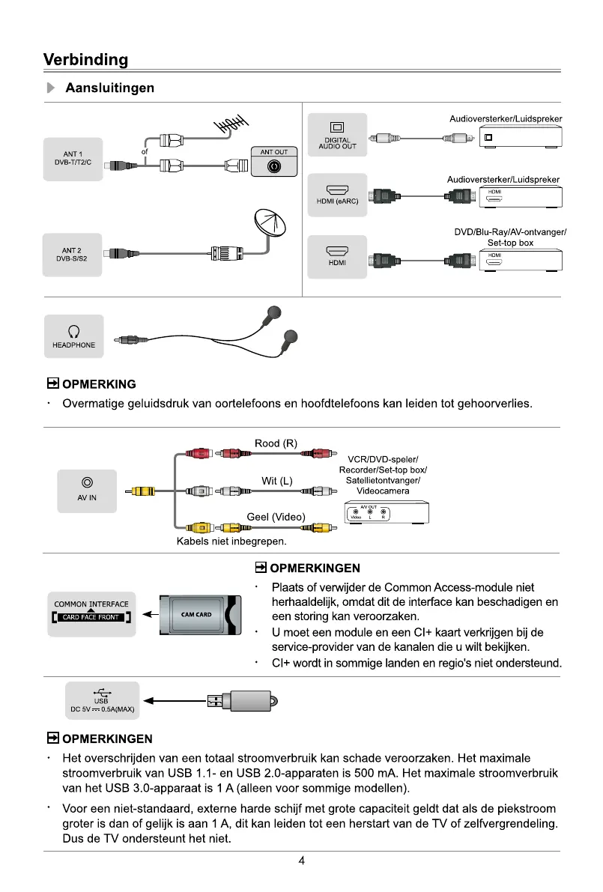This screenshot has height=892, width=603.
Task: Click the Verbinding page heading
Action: pyautogui.click(x=85, y=59)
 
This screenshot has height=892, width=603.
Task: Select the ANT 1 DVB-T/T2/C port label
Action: pyautogui.click(x=73, y=159)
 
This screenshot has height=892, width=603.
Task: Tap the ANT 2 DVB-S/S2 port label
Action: pyautogui.click(x=73, y=254)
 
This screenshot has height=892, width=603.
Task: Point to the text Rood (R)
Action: pyautogui.click(x=276, y=444)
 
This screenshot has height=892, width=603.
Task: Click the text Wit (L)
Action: pyautogui.click(x=276, y=480)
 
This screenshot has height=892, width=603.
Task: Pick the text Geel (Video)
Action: pyautogui.click(x=276, y=516)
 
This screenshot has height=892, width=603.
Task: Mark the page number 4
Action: pyautogui.click(x=301, y=861)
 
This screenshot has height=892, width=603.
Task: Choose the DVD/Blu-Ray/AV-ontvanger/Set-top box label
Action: pyautogui.click(x=510, y=237)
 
